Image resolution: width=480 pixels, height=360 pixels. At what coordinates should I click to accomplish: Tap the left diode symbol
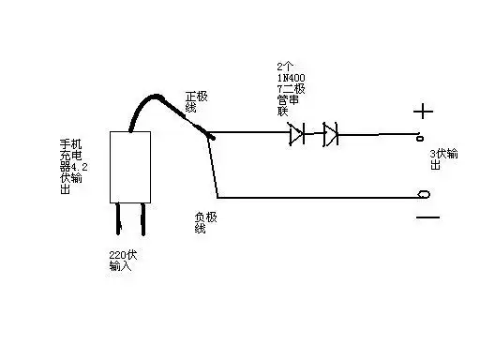296,135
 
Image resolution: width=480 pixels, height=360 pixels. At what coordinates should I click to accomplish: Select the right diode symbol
330,135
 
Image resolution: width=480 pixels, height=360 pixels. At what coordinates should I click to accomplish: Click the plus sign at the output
424,112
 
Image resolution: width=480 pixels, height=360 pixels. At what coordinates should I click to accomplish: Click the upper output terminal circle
422,137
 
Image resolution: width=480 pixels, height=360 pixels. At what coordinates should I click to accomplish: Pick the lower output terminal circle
424,195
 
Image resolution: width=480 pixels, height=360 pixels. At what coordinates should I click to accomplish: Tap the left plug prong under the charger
122,219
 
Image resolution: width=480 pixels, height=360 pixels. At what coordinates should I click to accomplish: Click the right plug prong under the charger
143,219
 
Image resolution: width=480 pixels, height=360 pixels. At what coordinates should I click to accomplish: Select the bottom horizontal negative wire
319,197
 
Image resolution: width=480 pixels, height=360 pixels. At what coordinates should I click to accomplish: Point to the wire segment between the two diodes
313,135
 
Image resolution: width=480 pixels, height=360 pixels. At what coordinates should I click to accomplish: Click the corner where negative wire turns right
218,197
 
